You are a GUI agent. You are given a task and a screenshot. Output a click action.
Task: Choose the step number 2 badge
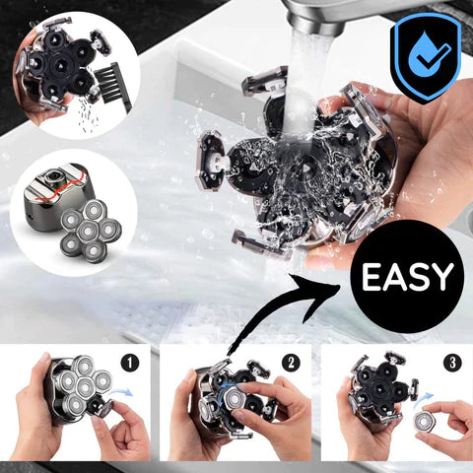291,361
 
